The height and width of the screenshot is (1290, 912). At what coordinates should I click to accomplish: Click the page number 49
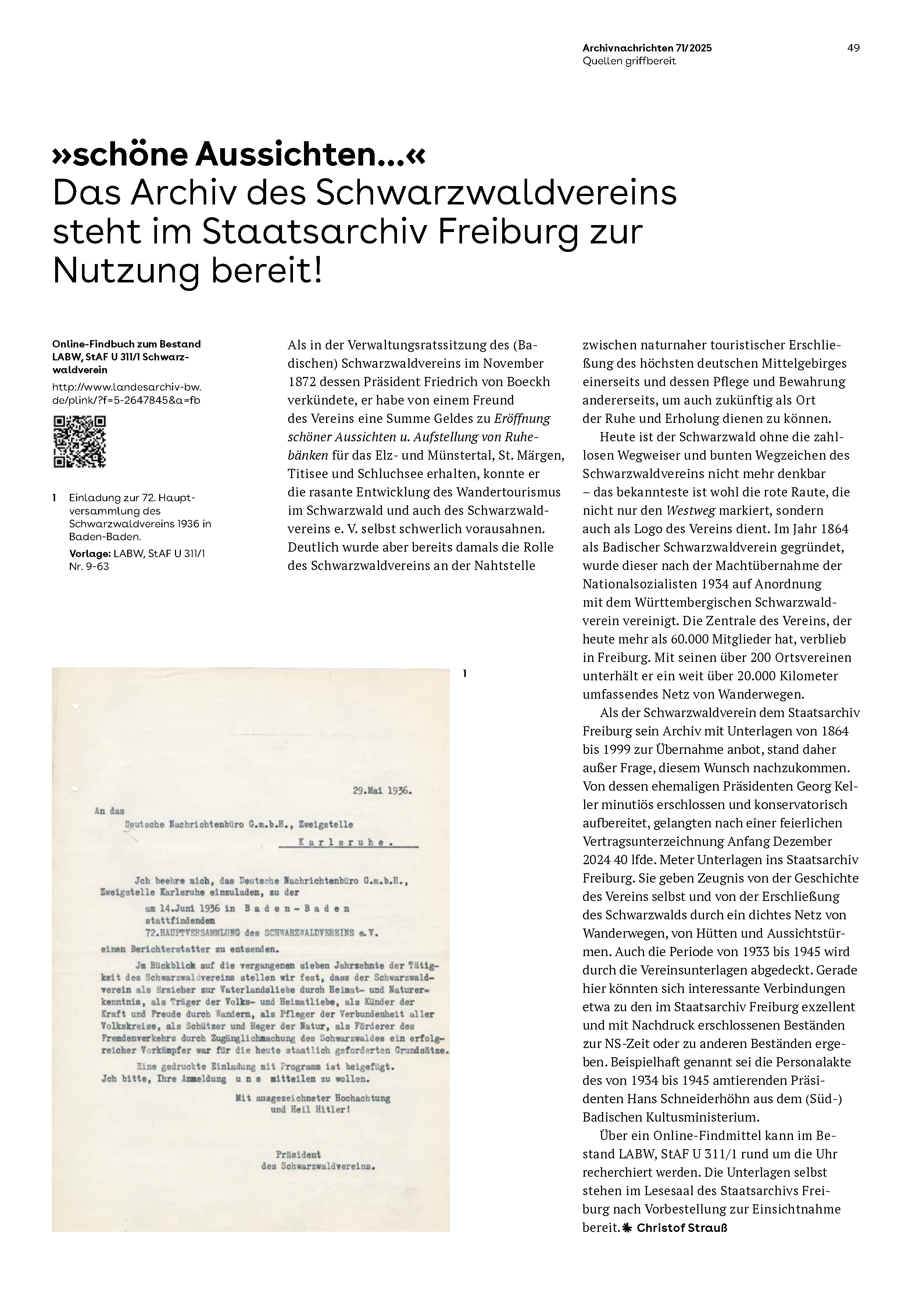coord(853,48)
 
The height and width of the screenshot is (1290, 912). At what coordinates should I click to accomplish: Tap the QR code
coord(79,442)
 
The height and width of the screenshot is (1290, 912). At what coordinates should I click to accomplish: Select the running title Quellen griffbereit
coord(629,61)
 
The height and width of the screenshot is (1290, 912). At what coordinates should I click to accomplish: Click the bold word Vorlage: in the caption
coord(89,554)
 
